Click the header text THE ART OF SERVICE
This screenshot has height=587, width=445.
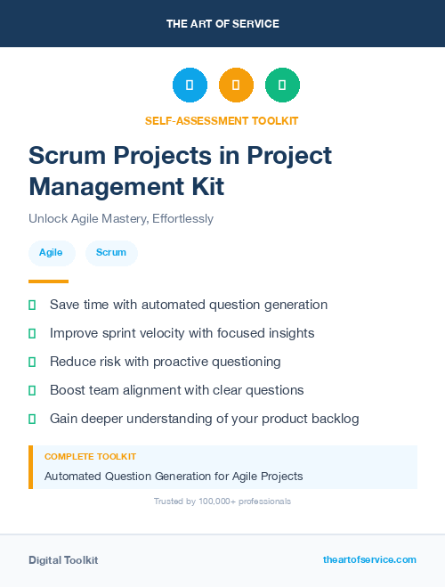222,24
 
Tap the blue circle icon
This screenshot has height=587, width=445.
190,86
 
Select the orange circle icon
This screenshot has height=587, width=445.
236,86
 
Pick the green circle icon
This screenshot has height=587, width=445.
282,86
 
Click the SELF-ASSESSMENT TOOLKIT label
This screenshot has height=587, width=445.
222,120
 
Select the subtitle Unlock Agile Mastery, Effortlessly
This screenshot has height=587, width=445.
121,218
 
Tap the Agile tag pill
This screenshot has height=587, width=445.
51,253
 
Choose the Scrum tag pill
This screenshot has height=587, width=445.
111,253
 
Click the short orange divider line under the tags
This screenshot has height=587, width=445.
48,281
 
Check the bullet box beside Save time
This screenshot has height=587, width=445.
32,306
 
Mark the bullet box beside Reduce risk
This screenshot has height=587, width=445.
32,362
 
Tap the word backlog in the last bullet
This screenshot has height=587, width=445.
334,419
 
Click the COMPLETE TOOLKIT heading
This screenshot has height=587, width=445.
90,457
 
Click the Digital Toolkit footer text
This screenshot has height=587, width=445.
63,560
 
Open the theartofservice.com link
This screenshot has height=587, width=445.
369,559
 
